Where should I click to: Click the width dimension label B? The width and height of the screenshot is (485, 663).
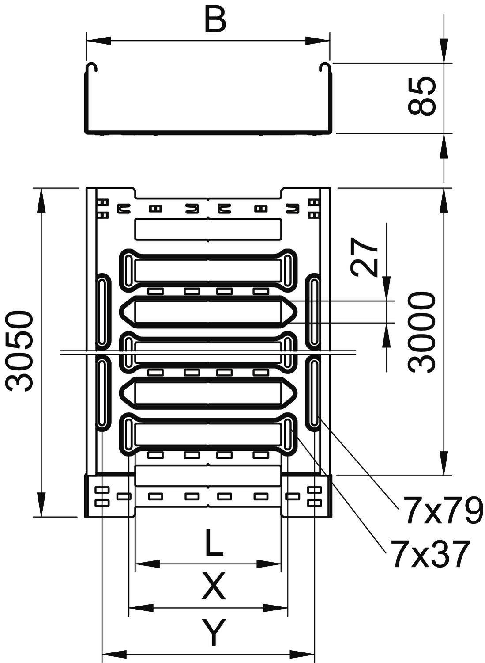point(215,20)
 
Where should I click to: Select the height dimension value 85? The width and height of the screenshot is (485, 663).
point(422,96)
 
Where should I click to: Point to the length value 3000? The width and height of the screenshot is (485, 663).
point(422,332)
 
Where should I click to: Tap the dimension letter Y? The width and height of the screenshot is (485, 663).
point(214,632)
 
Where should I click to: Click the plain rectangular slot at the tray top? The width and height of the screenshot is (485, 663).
point(208,229)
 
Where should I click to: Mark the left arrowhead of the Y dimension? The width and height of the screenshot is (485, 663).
point(114,653)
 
